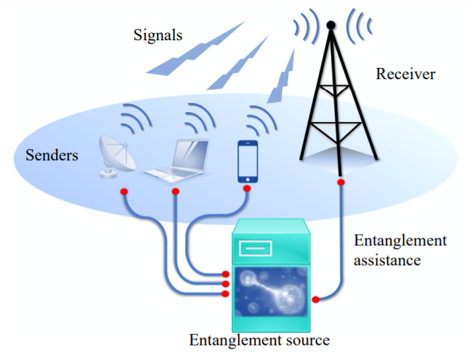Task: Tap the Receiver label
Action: (405, 74)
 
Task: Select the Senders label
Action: (51, 156)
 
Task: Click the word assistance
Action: (387, 260)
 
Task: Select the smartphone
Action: (247, 162)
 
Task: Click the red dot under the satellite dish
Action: (123, 192)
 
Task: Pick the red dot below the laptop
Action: (175, 192)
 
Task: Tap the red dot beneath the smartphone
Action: (247, 189)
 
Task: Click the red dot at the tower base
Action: (341, 182)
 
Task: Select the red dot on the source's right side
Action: (316, 300)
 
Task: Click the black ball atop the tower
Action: (332, 26)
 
